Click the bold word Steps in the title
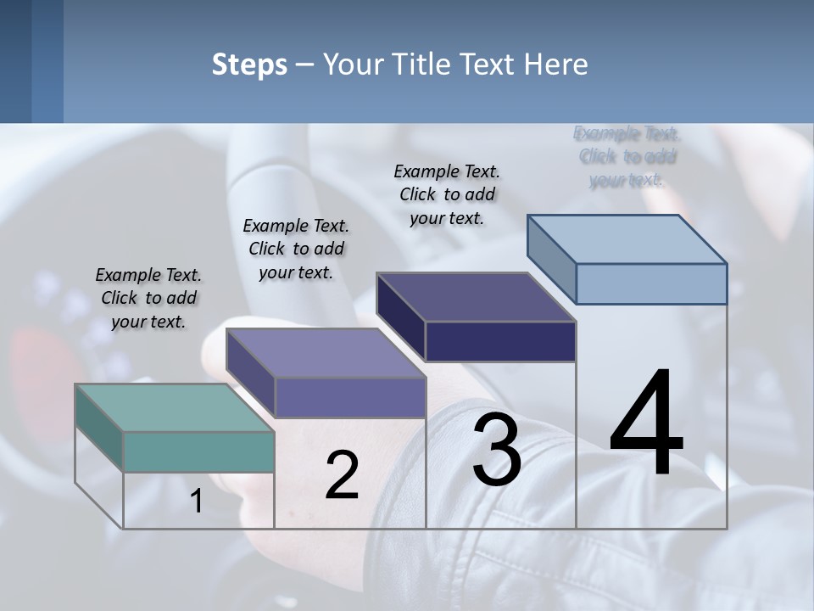[249, 64]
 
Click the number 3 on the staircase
[497, 451]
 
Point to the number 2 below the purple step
[342, 475]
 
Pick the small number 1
[196, 502]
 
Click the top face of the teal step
[175, 407]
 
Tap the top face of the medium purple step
[326, 352]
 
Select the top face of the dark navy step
[477, 297]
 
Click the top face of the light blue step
[627, 238]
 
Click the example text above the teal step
[148, 298]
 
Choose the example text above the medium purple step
[296, 249]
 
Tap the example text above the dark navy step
[447, 194]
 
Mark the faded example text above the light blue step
[627, 156]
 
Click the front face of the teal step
[198, 451]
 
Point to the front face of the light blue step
[651, 283]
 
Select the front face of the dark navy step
[500, 342]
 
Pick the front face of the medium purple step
[349, 397]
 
